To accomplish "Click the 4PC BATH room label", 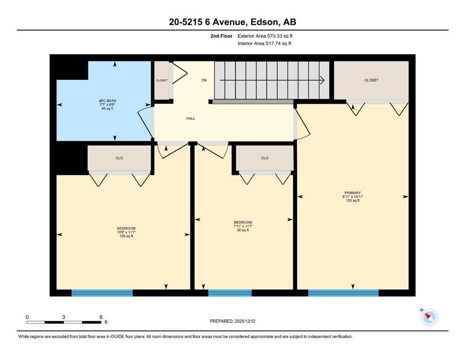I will (x=104, y=101).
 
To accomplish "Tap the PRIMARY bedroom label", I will (x=352, y=193).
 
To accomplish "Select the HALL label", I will (x=191, y=119).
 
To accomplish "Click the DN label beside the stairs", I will (x=204, y=80).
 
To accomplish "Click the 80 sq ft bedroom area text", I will (x=243, y=230).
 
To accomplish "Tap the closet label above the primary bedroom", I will (x=371, y=80).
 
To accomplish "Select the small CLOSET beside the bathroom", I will (x=162, y=81).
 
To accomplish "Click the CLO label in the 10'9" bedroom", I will (x=119, y=158).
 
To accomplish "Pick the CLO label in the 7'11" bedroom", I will (x=265, y=158).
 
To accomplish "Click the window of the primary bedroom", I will (x=343, y=293).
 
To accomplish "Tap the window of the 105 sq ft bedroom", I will (x=102, y=293).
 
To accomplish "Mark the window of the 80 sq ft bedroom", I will (x=229, y=293).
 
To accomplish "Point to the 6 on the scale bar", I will (x=101, y=317).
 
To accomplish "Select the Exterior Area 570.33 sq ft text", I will (x=265, y=36).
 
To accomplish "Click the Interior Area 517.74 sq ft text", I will (x=264, y=44).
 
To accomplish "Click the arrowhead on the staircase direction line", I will (x=322, y=80).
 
